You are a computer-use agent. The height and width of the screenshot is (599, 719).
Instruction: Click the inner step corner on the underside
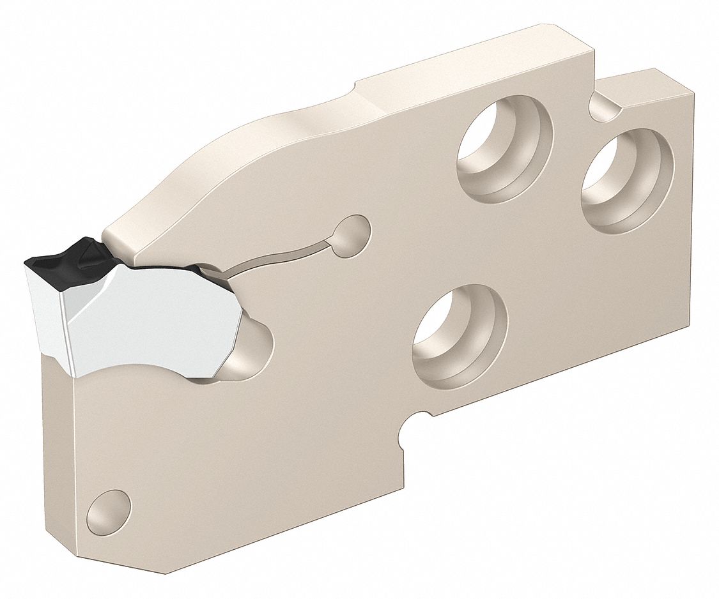[405, 447]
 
